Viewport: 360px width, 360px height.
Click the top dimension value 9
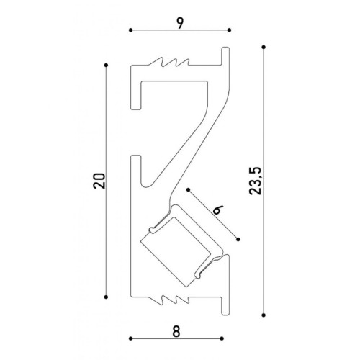(x=180, y=24)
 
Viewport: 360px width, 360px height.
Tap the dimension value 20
(x=99, y=181)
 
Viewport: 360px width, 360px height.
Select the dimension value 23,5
(x=255, y=181)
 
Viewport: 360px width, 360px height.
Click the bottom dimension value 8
(x=176, y=332)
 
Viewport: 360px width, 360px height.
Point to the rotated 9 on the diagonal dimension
(x=218, y=210)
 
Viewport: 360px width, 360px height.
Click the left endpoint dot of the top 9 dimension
(x=130, y=30)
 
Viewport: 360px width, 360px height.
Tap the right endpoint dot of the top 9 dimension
(x=229, y=30)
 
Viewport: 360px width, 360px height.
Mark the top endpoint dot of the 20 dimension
(x=106, y=65)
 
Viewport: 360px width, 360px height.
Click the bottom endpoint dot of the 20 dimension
(x=106, y=297)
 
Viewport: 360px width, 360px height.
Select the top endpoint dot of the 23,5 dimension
(x=264, y=47)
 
